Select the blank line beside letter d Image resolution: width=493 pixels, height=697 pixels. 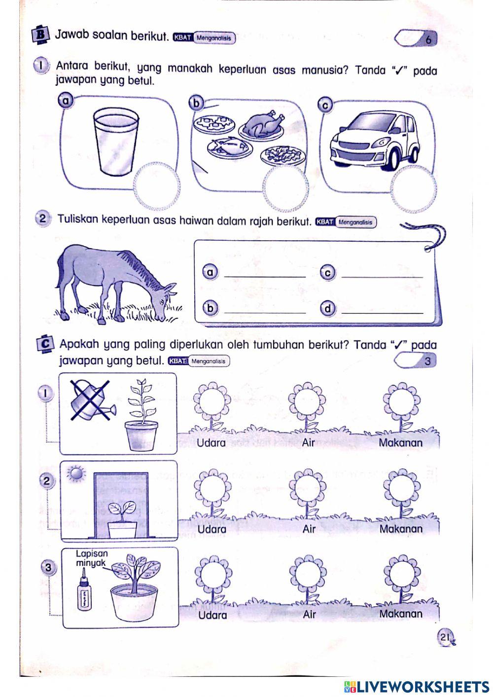point(382,310)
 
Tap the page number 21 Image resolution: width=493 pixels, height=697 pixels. point(446,637)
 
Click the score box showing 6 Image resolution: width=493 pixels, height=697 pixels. point(417,38)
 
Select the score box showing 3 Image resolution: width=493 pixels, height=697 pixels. point(417,361)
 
